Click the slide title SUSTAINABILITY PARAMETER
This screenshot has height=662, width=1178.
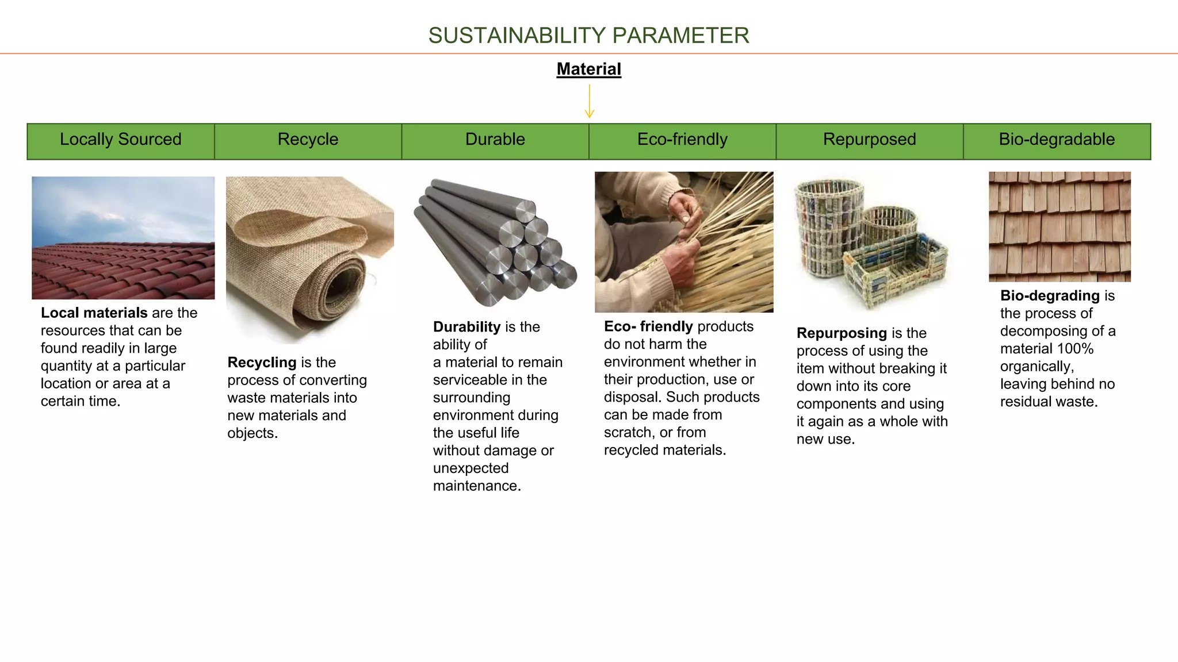pos(588,36)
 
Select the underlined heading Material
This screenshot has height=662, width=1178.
pos(588,70)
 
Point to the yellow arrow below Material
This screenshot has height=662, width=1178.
pos(589,102)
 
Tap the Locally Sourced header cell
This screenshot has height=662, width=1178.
pos(121,140)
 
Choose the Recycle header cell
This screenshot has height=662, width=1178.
pos(308,140)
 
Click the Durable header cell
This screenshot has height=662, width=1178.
pos(495,140)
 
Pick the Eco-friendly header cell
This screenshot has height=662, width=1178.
pos(682,140)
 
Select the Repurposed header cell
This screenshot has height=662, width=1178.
pos(869,140)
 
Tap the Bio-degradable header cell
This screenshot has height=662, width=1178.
pos(1057,140)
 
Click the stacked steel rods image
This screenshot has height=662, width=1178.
pos(495,244)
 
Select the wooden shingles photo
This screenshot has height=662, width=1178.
pos(1060,226)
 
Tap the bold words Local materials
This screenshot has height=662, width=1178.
pos(94,313)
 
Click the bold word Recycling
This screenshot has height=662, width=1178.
pos(262,363)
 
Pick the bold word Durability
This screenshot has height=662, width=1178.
pos(466,327)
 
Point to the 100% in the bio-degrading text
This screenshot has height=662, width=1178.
pos(1075,349)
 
